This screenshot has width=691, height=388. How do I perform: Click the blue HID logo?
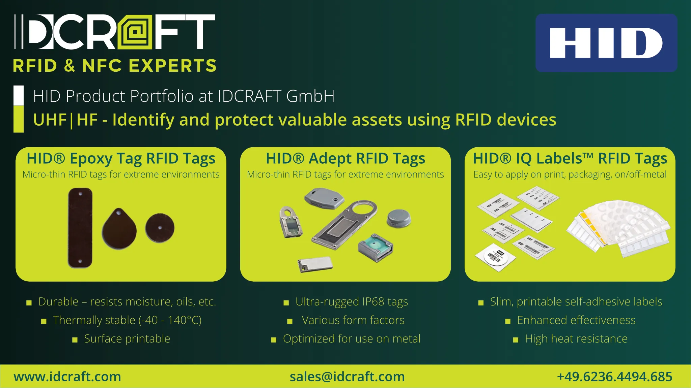point(606,43)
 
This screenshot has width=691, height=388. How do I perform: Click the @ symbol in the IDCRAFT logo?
point(135,32)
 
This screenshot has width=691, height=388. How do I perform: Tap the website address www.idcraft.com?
point(67,377)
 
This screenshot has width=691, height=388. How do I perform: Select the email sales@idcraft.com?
point(347,377)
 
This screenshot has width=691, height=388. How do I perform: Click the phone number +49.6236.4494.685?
point(614,377)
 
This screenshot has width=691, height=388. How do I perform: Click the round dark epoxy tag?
point(160,228)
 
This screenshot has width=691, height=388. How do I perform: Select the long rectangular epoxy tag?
point(80,228)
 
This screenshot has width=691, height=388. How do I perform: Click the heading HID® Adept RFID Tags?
point(345,158)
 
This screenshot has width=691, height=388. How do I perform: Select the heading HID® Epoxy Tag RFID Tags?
point(121,158)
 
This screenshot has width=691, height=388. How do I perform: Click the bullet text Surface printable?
point(127,338)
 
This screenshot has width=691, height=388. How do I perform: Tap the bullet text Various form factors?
point(353,320)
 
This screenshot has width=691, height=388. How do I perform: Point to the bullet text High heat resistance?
point(576,338)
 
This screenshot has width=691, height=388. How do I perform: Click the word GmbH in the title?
point(310,96)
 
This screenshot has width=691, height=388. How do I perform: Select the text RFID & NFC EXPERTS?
point(115,66)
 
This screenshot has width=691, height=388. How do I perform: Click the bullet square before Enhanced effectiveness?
point(508,321)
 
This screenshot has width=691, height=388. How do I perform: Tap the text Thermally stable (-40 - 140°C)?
point(127,320)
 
